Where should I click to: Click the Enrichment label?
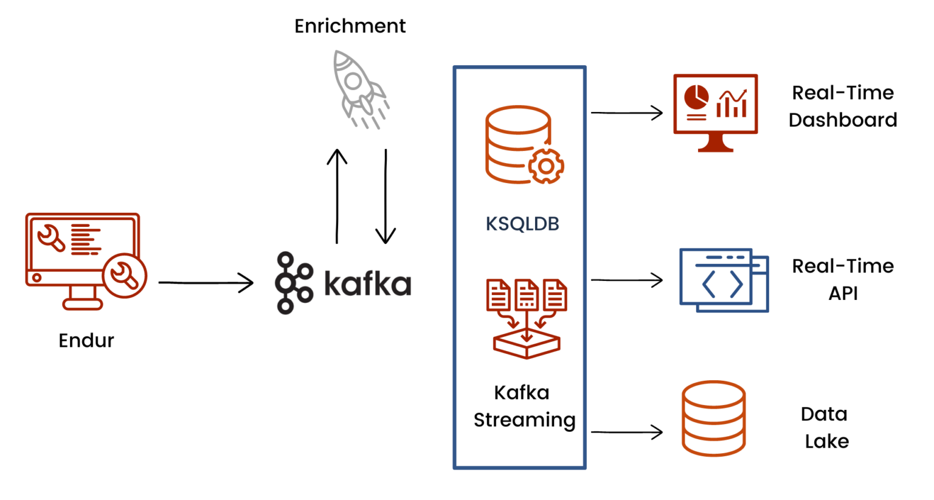point(350,26)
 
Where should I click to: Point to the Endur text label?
point(86,341)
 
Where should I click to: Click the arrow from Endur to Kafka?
point(206,282)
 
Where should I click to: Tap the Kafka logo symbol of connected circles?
point(294,283)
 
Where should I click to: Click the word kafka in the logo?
point(367,283)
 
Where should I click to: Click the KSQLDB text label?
point(522,224)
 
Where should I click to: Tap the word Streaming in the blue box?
point(524,420)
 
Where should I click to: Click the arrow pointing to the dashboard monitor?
point(626,113)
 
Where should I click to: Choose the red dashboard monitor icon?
point(715,112)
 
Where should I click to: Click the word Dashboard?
point(842,120)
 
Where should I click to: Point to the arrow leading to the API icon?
point(626,280)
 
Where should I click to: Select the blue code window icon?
point(724,280)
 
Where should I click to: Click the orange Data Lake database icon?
point(713,418)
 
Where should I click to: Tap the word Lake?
point(826,441)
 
